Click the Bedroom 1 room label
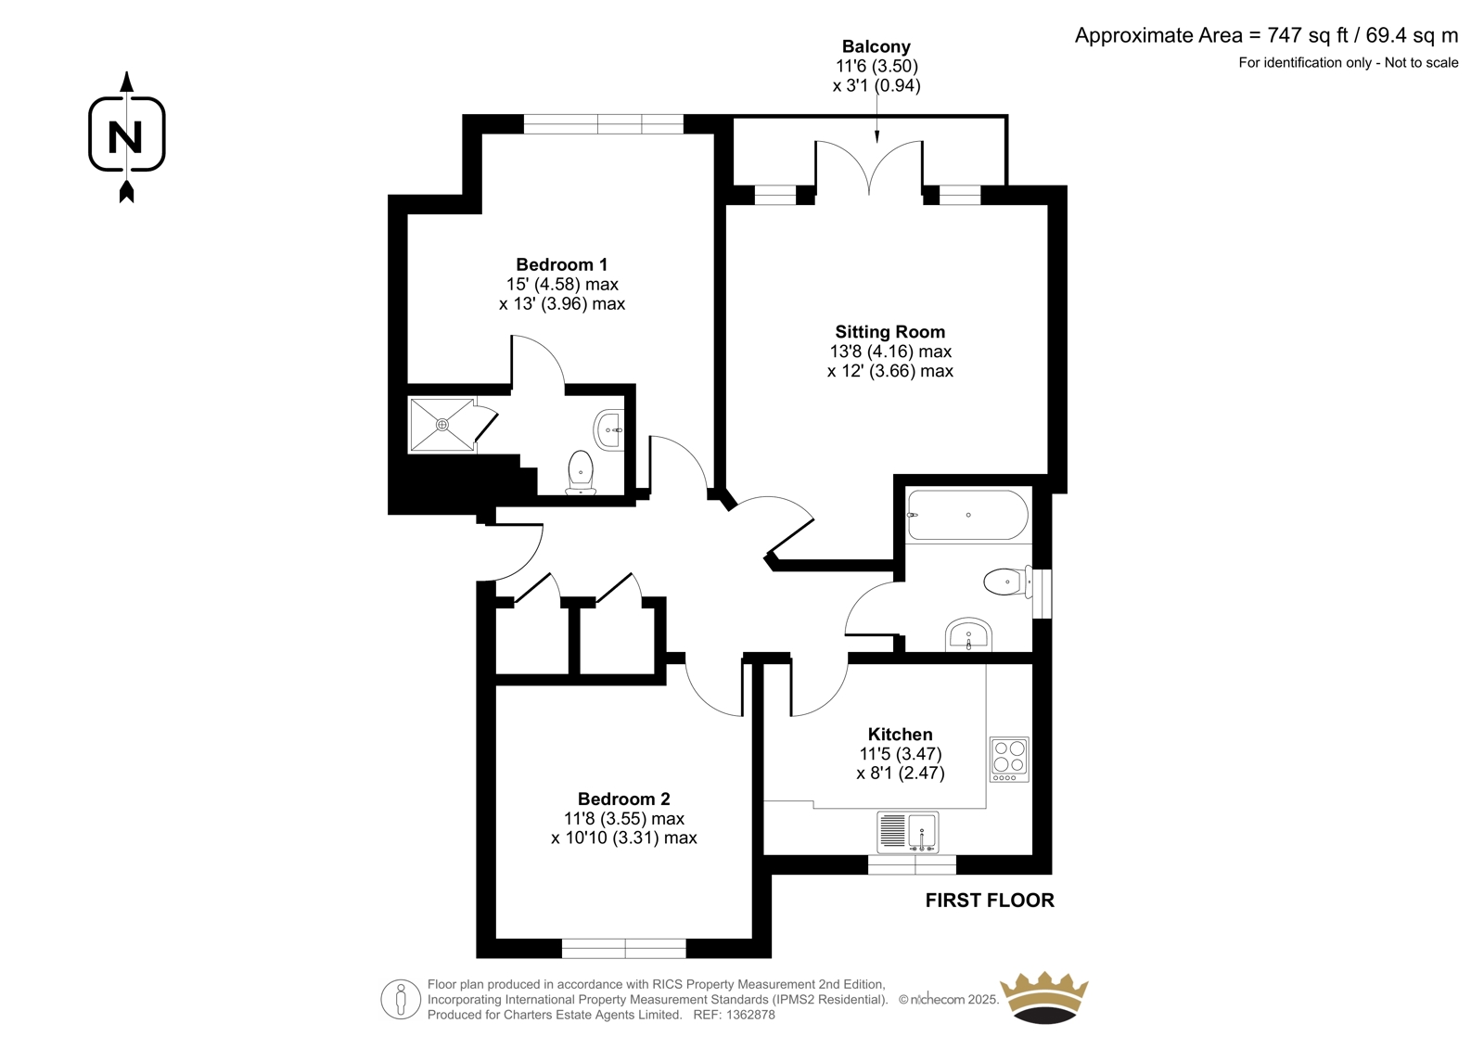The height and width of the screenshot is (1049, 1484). tap(561, 265)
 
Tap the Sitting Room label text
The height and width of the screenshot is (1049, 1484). tap(889, 332)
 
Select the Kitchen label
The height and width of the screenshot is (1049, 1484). tap(900, 735)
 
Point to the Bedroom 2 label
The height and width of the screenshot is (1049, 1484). tap(623, 799)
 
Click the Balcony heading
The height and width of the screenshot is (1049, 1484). tap(876, 46)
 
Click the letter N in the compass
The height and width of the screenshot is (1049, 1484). tap(125, 137)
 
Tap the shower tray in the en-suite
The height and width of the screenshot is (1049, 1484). tap(441, 424)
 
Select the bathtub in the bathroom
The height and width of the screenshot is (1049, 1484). tap(968, 515)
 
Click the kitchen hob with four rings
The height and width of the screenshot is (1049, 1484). tap(1009, 760)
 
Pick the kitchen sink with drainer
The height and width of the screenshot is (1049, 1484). tap(908, 832)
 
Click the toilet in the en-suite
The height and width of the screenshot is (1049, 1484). tap(581, 472)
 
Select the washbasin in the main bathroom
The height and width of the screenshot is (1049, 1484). tap(968, 634)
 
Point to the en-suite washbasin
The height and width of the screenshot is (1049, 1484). tap(609, 430)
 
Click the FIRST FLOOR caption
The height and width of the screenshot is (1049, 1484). tap(989, 901)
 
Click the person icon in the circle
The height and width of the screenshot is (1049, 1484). tap(401, 999)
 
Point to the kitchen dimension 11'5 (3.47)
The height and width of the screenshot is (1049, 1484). tap(901, 753)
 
